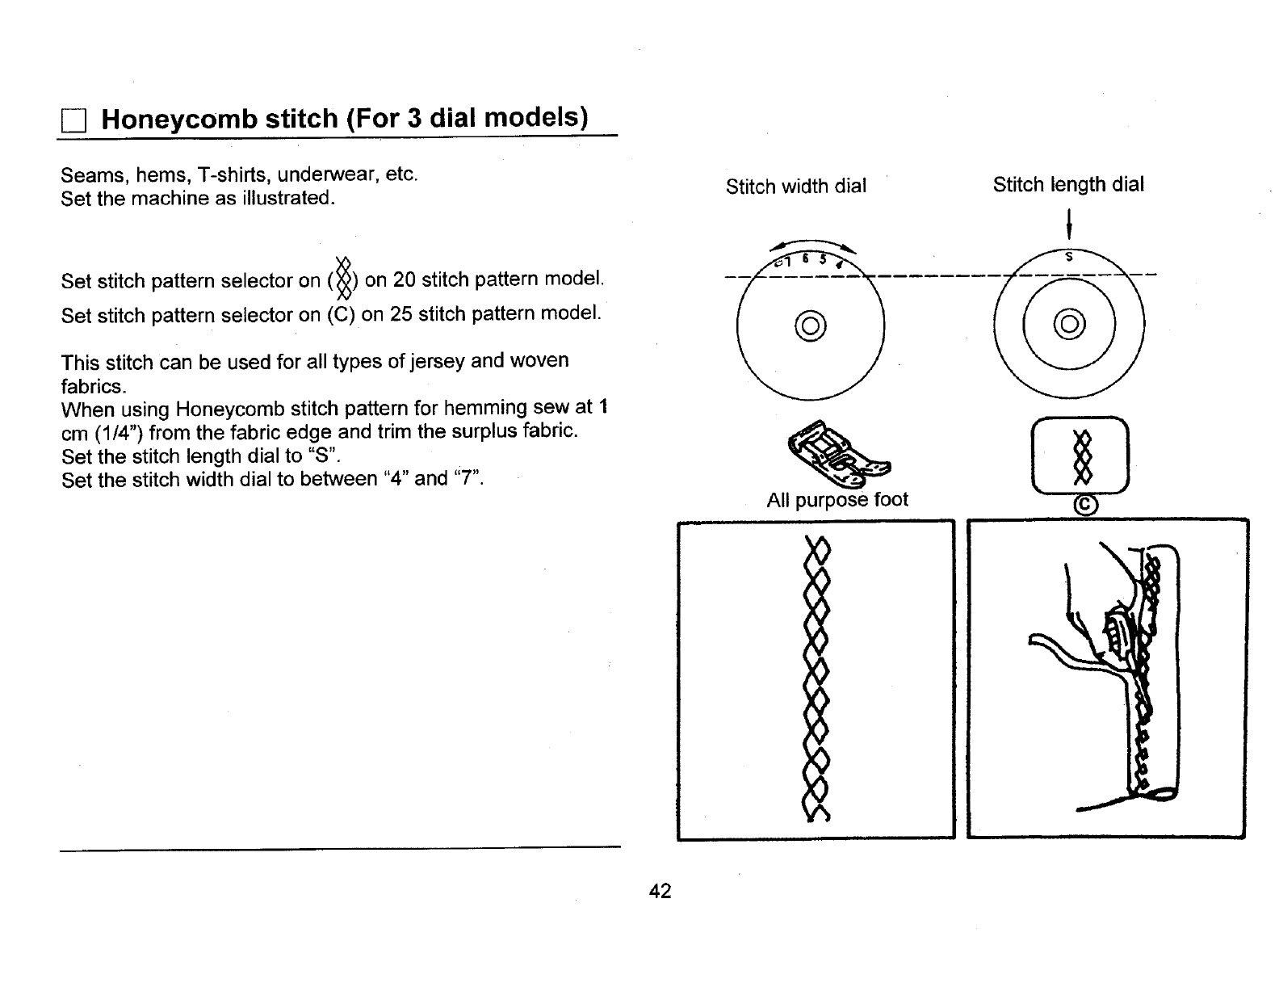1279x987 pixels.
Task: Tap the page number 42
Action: (x=660, y=891)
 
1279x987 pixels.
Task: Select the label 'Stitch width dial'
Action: (x=795, y=187)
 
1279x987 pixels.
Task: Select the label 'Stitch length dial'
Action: (x=1068, y=185)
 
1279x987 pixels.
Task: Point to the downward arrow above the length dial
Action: (x=1068, y=221)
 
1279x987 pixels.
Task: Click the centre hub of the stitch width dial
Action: (x=811, y=325)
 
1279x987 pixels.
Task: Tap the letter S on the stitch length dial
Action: (x=1069, y=257)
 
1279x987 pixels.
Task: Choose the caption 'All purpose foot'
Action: (x=837, y=500)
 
